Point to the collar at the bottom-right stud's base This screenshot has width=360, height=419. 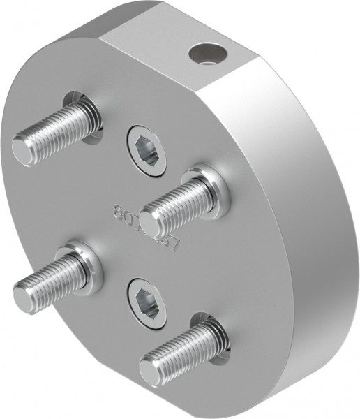[210, 333]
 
